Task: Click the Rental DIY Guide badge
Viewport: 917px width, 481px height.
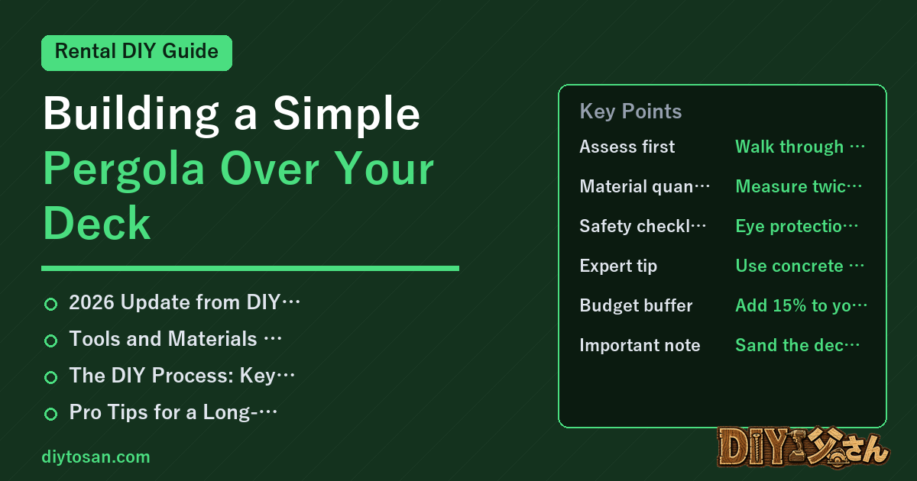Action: (x=137, y=53)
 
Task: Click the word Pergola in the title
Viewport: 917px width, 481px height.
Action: (x=124, y=169)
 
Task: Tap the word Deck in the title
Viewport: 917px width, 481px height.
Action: (x=96, y=223)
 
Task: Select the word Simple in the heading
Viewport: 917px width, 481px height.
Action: (x=346, y=114)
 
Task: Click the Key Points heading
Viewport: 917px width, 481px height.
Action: (x=630, y=111)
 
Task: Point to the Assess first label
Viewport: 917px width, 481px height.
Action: (x=627, y=147)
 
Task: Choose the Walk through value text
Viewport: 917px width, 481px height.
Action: (x=800, y=147)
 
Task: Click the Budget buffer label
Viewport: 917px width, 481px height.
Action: (x=636, y=305)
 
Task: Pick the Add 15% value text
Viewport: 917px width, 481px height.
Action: (x=801, y=305)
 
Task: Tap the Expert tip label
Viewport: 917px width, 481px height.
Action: (x=618, y=266)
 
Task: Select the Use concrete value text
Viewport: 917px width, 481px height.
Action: (x=799, y=266)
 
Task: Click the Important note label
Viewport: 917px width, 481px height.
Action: (x=640, y=345)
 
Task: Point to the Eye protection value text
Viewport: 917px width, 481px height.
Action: (x=796, y=226)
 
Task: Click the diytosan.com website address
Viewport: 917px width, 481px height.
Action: (x=96, y=457)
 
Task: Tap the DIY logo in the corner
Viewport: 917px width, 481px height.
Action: (x=803, y=447)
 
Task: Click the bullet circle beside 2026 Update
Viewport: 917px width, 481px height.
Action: (x=50, y=305)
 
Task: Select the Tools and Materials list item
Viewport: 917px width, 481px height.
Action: (x=175, y=339)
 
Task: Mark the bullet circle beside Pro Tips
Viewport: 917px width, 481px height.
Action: (x=50, y=414)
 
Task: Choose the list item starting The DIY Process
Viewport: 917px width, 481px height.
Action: (x=182, y=376)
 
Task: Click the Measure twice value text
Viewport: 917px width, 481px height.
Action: (x=799, y=186)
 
